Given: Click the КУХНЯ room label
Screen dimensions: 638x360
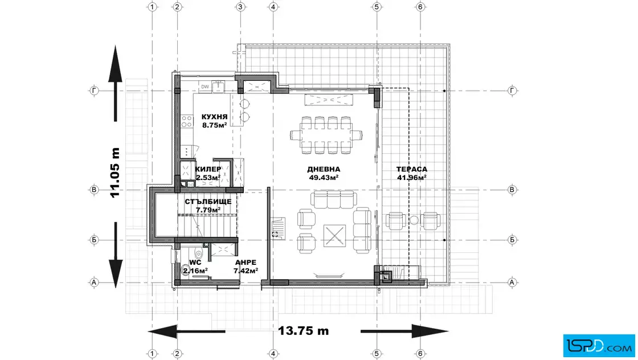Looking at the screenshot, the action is tap(214, 117).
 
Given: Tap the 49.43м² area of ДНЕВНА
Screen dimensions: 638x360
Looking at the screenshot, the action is tap(324, 177).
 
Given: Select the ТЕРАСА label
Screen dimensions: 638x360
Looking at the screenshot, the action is tap(412, 169).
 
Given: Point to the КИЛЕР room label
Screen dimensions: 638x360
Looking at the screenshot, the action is tap(208, 169).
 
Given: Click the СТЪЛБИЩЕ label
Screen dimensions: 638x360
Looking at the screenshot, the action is tap(208, 202).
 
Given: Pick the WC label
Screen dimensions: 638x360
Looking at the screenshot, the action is tap(195, 263).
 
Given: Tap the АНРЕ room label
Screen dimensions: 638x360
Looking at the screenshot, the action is tap(246, 263).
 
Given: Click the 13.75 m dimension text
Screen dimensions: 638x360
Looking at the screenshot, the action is tap(304, 331).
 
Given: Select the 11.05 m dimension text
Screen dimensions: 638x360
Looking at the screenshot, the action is tap(116, 173).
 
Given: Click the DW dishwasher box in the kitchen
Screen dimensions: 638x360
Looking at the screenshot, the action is tap(205, 87).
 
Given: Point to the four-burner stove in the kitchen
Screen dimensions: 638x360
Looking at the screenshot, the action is tap(187, 121).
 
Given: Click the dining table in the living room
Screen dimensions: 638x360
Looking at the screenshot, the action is tap(326, 134).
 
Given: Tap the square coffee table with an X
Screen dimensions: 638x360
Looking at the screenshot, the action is tap(334, 235).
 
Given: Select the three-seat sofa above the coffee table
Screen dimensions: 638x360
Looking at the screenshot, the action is tap(334, 199).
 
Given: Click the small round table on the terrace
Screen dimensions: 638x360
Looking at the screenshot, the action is tap(414, 220).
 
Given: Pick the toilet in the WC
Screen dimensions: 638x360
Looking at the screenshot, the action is tap(199, 254).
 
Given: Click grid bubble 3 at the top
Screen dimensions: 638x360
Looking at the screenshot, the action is tap(240, 6).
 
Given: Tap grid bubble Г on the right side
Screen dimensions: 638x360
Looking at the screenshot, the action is tap(512, 91).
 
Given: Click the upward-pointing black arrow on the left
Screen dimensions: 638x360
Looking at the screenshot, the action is tap(116, 83).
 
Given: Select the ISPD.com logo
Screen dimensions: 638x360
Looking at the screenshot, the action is tap(599, 346).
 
